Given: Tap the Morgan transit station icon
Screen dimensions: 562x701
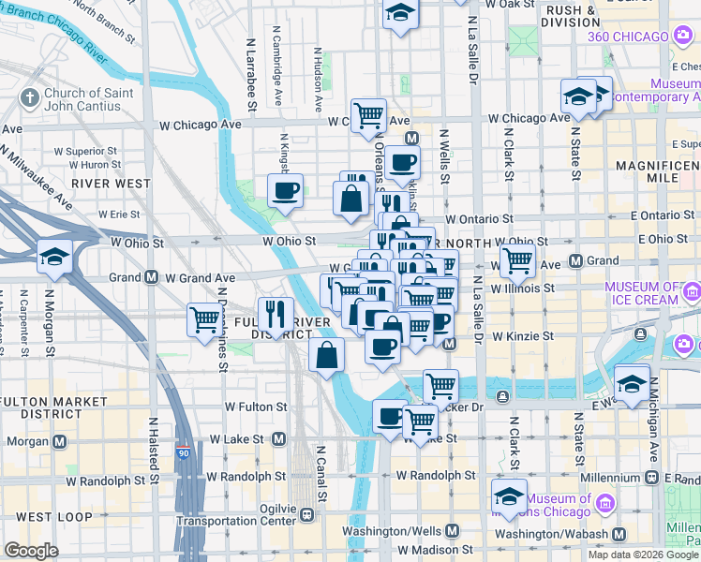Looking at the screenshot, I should coord(60,440).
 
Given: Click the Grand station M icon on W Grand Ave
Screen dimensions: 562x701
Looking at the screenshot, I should coord(150,277).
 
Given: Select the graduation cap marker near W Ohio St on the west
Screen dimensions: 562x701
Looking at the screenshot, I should coord(55,257).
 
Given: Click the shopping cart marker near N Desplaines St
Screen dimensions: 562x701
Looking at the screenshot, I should coord(204,319).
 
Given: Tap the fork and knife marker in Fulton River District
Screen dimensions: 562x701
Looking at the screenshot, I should coord(276,313).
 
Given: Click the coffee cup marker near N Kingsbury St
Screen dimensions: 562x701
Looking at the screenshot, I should coord(285,190).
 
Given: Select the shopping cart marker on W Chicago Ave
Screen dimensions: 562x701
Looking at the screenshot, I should coord(369,115).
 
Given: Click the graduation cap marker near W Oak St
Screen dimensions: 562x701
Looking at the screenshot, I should coord(401,14).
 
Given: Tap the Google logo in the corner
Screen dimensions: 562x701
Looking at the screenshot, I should coord(31,551).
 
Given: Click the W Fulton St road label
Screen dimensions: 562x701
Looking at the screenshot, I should coord(256,407).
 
